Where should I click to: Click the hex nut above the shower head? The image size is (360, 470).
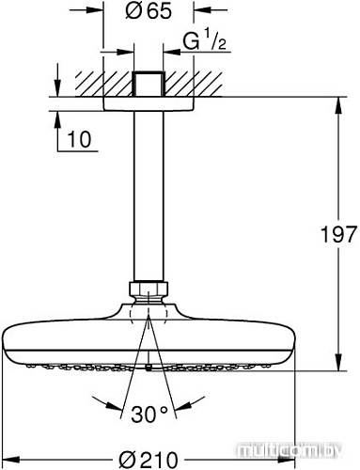click(149, 289)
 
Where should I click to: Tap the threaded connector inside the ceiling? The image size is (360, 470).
click(148, 82)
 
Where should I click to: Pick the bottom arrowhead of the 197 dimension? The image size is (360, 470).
click(337, 368)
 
